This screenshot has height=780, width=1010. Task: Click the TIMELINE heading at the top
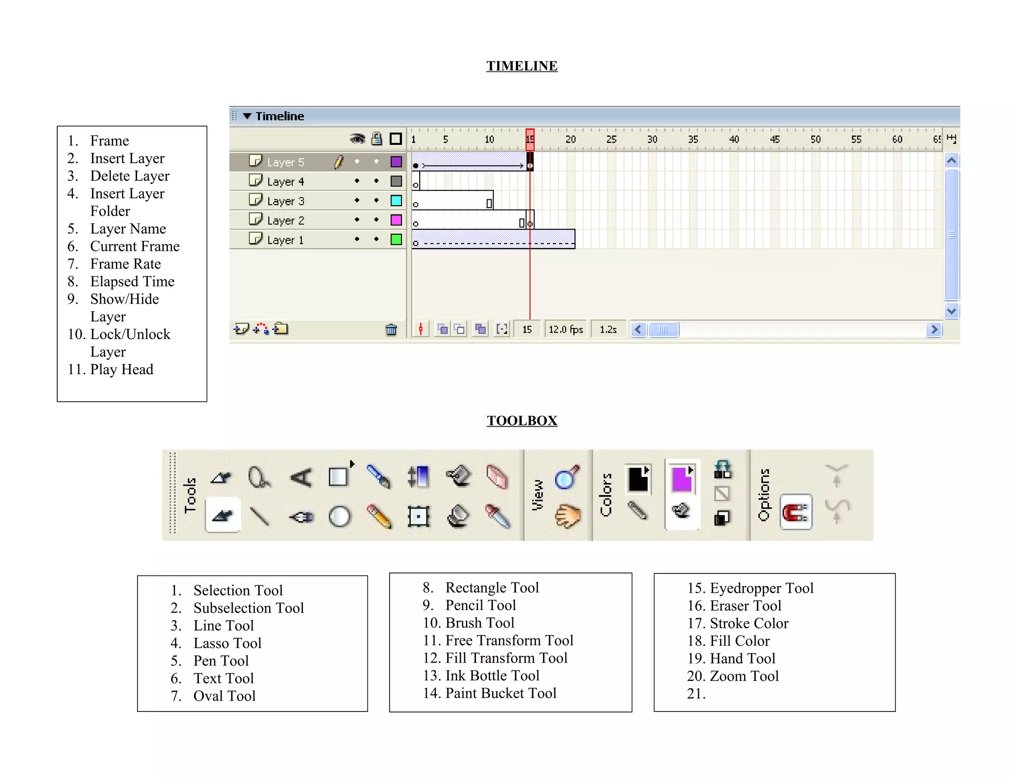tap(522, 66)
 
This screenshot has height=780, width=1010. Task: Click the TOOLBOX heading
tap(522, 421)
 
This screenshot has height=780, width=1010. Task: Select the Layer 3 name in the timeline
tap(286, 201)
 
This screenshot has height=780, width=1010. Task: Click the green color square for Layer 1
tap(396, 240)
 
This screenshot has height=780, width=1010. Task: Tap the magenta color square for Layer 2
tap(396, 220)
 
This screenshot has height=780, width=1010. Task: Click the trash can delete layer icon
tap(391, 329)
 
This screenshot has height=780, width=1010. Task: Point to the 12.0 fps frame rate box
tap(566, 329)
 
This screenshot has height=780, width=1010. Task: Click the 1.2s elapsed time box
tap(608, 329)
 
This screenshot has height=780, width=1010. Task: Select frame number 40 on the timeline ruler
tap(734, 140)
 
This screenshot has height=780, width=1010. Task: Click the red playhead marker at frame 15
tap(530, 139)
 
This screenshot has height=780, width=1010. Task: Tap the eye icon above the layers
tap(357, 139)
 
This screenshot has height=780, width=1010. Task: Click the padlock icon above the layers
tap(377, 139)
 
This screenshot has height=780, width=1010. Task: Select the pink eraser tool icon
tap(497, 477)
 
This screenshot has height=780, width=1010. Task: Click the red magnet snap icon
tap(795, 512)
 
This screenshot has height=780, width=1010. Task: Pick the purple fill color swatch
tap(682, 479)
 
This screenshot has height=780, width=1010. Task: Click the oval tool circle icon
tap(340, 517)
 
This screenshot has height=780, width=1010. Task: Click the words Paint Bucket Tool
tap(501, 693)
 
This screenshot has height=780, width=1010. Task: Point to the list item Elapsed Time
tap(132, 282)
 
